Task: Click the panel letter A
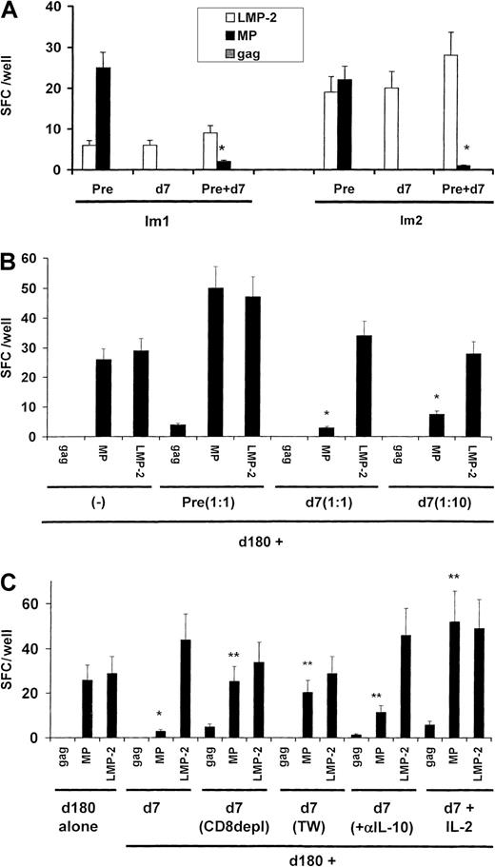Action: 9,9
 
